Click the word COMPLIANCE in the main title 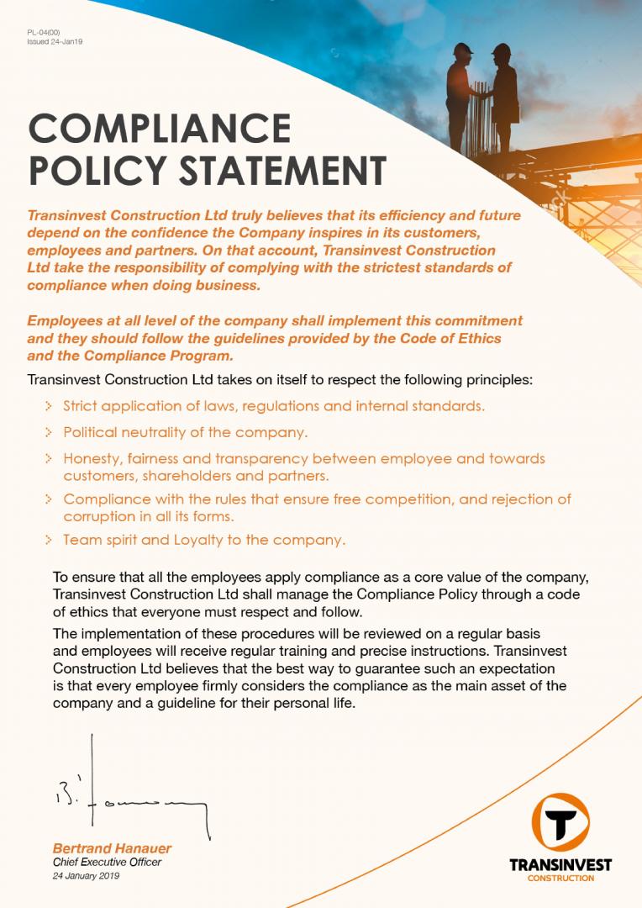click(160, 129)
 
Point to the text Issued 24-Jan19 click(55, 41)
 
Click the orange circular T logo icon click(560, 821)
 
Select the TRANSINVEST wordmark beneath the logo click(560, 865)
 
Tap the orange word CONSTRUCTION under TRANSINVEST click(560, 879)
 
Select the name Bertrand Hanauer click(112, 849)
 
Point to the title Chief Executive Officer click(107, 863)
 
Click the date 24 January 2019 click(86, 876)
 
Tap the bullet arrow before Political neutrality click(50, 434)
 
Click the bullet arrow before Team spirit click(50, 540)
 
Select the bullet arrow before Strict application click(50, 407)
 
